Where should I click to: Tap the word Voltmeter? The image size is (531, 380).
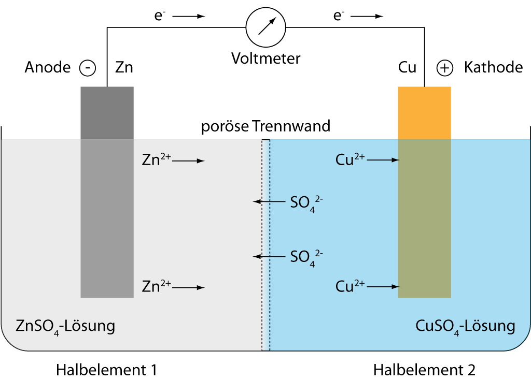click(265, 58)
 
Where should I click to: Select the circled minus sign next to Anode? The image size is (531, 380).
click(88, 68)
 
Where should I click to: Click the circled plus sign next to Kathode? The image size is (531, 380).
click(444, 68)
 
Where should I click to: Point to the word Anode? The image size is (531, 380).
click(48, 67)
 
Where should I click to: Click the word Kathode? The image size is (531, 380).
click(493, 67)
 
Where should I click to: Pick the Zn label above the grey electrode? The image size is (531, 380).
click(124, 67)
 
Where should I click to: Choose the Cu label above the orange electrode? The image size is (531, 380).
click(407, 67)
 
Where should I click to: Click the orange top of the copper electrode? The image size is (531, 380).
click(424, 113)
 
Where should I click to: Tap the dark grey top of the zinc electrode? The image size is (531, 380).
click(107, 113)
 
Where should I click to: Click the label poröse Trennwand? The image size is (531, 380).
click(265, 126)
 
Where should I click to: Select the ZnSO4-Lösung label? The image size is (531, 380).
click(65, 327)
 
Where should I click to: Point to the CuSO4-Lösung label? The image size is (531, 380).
click(465, 327)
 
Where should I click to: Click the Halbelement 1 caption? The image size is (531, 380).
click(106, 370)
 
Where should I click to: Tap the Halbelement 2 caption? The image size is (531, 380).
click(424, 370)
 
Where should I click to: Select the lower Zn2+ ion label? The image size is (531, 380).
click(156, 286)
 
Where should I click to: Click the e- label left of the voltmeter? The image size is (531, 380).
click(159, 16)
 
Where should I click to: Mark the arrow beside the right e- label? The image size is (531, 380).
click(369, 17)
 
